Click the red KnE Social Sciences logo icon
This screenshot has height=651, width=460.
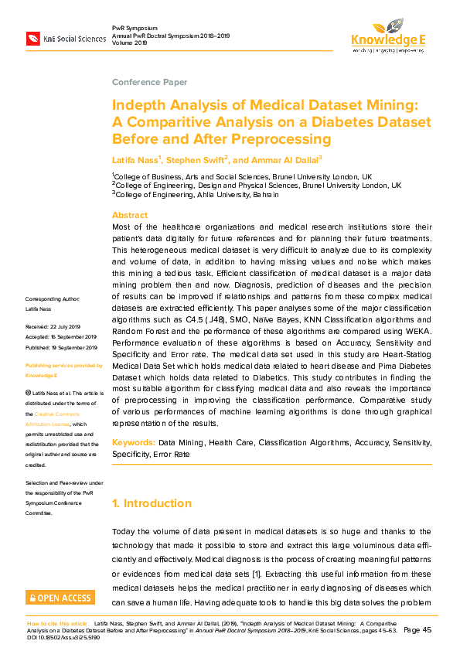[x=33, y=38]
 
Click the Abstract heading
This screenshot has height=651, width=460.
[x=130, y=215]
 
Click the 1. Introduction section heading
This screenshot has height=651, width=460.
[x=152, y=503]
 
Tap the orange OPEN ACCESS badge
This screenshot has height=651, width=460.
[x=60, y=597]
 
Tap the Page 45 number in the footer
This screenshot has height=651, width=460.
[x=421, y=631]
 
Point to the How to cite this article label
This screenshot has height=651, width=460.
[x=58, y=622]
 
